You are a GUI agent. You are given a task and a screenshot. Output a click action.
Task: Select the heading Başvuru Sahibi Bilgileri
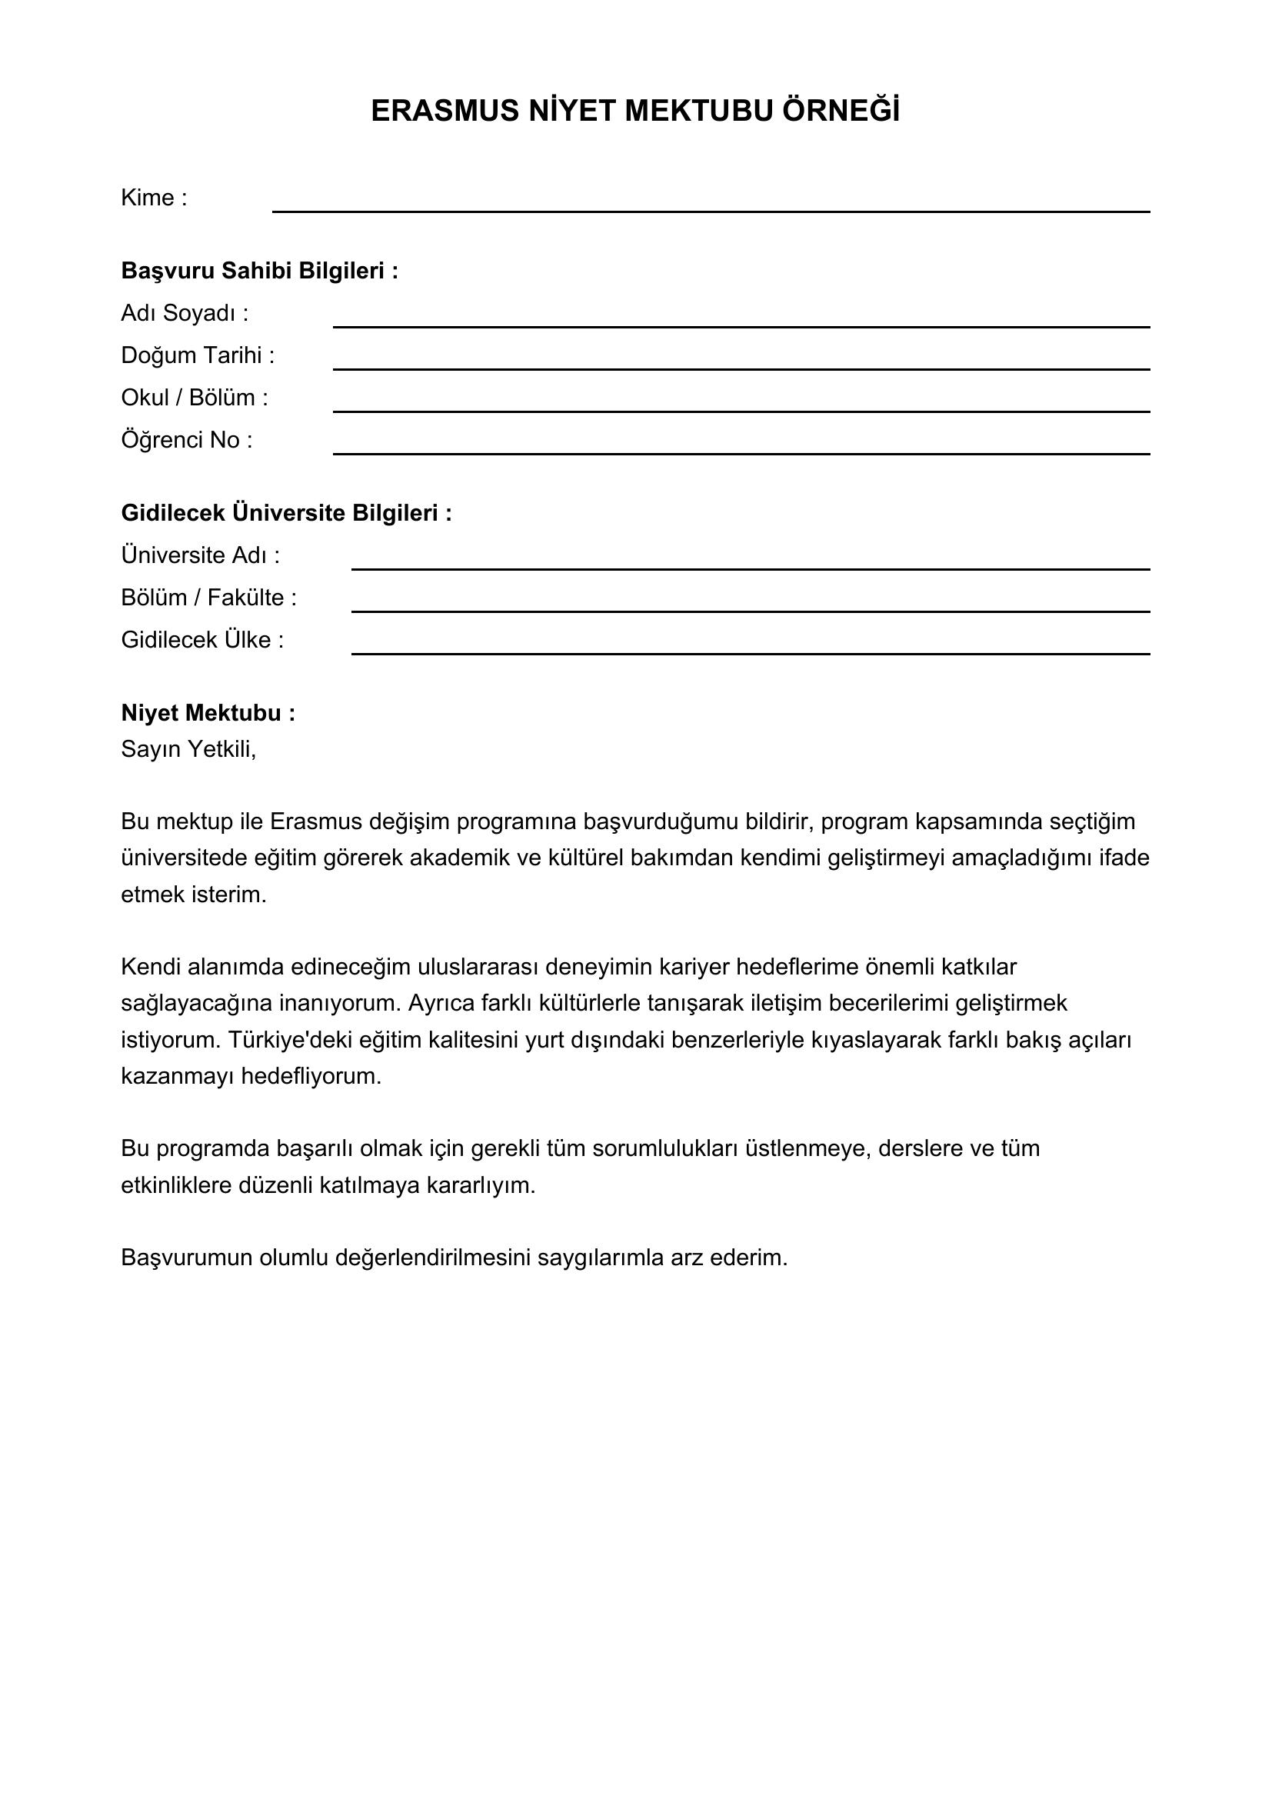click(259, 271)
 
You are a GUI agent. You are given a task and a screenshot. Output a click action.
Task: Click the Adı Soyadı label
click(184, 313)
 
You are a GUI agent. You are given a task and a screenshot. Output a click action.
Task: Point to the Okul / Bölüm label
click(195, 398)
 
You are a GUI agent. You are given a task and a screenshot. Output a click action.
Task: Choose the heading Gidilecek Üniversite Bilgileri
click(286, 513)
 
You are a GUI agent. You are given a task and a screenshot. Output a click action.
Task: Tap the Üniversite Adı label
click(200, 555)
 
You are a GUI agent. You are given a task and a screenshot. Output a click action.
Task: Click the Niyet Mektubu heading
click(208, 713)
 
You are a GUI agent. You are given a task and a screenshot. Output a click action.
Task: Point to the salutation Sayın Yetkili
click(188, 750)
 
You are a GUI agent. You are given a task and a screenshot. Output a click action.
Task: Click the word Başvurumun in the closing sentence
click(186, 1258)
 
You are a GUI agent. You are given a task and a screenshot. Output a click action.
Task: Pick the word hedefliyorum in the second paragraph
click(310, 1077)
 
